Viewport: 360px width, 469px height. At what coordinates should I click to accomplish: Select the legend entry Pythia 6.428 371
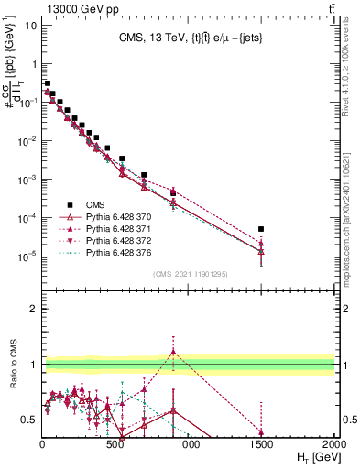click(x=114, y=228)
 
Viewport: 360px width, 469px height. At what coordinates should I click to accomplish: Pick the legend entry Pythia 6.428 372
click(x=114, y=240)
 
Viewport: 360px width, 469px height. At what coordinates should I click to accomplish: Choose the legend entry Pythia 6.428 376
click(x=114, y=252)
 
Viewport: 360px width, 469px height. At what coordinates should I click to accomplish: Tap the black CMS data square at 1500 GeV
click(x=261, y=229)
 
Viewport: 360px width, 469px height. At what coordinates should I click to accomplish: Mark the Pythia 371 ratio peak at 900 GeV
click(x=173, y=352)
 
